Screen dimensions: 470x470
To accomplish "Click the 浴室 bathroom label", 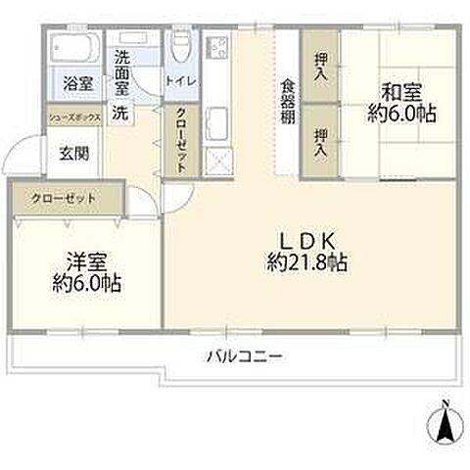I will pyautogui.click(x=78, y=83).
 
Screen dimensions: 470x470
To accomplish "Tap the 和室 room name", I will pyautogui.click(x=402, y=93).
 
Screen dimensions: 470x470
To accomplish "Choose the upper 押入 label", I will pyautogui.click(x=320, y=68).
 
